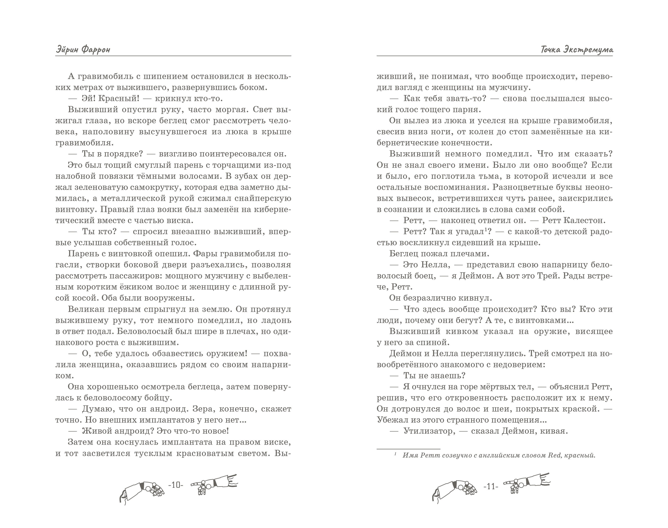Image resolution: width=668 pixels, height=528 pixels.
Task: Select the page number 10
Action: (x=176, y=485)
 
